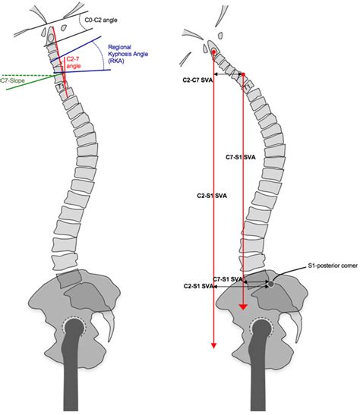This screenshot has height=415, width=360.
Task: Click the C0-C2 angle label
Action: (x=101, y=20)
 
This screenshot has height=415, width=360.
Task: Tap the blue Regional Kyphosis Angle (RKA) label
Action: (x=128, y=54)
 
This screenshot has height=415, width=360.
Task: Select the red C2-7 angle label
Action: (x=74, y=62)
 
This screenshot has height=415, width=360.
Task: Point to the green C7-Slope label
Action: (x=12, y=80)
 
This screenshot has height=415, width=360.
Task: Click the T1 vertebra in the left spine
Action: (x=62, y=86)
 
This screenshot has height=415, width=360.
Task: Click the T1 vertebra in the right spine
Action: (x=248, y=86)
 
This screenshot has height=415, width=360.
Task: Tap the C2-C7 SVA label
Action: (x=197, y=80)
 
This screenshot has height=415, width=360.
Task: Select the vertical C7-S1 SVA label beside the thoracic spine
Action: (x=241, y=157)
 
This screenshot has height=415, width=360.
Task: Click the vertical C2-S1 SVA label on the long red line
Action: (x=212, y=196)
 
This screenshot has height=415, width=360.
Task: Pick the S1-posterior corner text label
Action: (x=333, y=266)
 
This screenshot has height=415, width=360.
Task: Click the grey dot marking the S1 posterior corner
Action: (x=271, y=284)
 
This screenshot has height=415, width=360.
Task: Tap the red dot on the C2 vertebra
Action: (x=213, y=52)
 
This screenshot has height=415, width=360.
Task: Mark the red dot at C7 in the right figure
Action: (x=244, y=74)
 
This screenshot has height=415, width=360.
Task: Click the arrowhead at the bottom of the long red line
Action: (x=213, y=345)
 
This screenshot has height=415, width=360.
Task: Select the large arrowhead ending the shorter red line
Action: (x=244, y=307)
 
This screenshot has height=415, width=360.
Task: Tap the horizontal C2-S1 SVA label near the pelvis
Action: (x=199, y=286)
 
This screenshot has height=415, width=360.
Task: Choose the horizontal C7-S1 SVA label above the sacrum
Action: (x=228, y=279)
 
